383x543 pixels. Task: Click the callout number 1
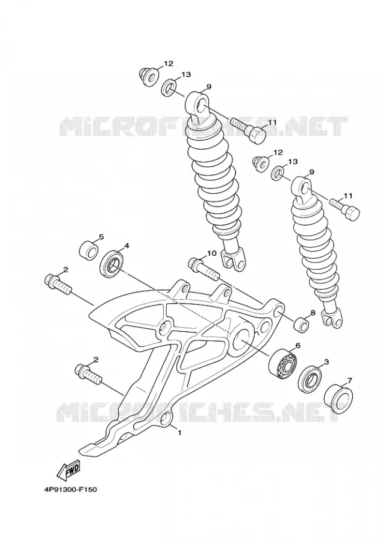179,433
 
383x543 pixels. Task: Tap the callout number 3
326,362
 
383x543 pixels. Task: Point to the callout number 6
297,345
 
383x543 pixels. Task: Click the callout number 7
349,381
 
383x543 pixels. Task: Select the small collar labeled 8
300,323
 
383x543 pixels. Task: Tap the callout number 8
313,313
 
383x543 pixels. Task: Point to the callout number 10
211,253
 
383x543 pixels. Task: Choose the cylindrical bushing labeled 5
89,250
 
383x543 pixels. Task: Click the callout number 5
101,237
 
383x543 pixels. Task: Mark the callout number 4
126,246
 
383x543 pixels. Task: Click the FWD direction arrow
68,470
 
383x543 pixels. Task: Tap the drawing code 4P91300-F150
70,490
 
